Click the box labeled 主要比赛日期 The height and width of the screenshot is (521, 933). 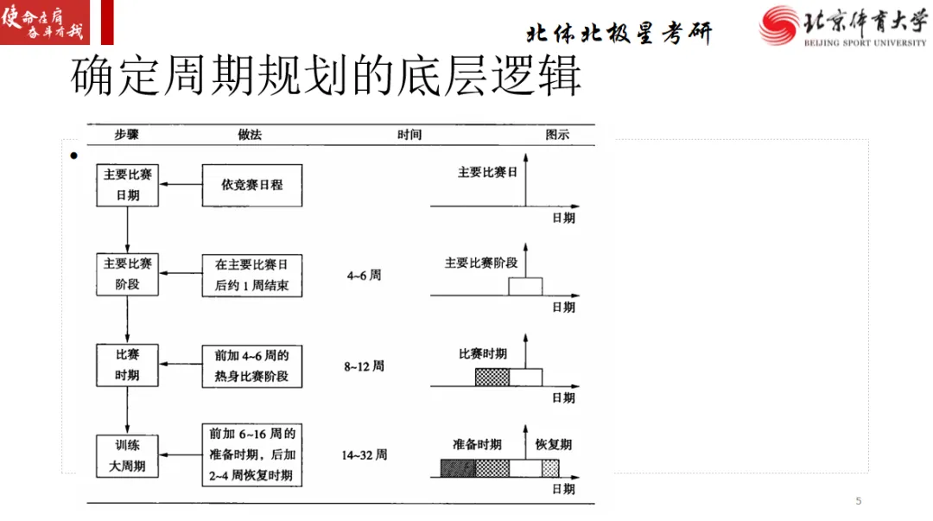pos(127,184)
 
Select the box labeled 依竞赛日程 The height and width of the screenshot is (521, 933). pos(252,184)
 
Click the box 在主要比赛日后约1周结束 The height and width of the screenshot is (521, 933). pos(252,274)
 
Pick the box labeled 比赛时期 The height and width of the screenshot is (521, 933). pos(127,365)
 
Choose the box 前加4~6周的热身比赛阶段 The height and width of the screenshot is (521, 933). pos(252,365)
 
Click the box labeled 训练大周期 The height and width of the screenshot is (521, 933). pos(127,454)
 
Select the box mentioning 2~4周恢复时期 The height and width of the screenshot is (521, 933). pos(252,455)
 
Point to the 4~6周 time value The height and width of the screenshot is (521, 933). pos(364,276)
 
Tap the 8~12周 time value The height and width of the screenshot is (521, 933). pos(364,366)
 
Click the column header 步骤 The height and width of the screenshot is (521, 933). pos(126,135)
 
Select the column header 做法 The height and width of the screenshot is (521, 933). pos(250,135)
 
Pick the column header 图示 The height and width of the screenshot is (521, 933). pos(558,136)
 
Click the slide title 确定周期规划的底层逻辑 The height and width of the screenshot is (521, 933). pos(327,78)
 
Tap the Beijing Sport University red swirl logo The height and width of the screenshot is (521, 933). pos(779,25)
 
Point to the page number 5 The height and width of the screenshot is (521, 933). pos(858,501)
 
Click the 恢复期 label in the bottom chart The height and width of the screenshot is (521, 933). pos(553,444)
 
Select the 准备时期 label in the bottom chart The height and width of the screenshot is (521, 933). pos(477,444)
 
